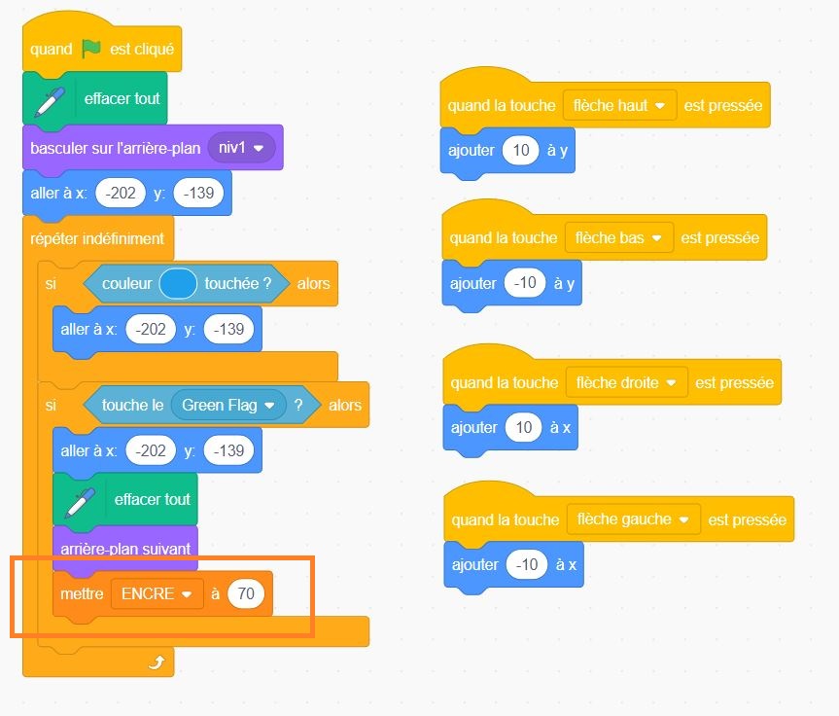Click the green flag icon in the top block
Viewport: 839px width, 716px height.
(x=92, y=49)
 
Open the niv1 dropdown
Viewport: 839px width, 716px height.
(x=242, y=149)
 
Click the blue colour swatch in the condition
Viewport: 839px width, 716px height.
(x=179, y=284)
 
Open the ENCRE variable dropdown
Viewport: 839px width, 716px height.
(x=156, y=593)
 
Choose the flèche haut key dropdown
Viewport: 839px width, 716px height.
(x=619, y=105)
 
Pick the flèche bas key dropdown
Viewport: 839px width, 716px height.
(x=618, y=237)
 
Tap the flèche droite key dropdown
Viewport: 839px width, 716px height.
(x=626, y=383)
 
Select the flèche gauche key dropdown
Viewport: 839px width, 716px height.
(x=633, y=519)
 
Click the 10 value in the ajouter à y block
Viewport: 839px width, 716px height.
(x=520, y=152)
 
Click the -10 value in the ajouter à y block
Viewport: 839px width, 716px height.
(x=525, y=283)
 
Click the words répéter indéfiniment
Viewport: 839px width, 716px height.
(x=97, y=238)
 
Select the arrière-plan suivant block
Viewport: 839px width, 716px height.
(x=125, y=549)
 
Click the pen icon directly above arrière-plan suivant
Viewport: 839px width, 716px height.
(x=80, y=500)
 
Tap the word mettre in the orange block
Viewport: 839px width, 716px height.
(x=82, y=593)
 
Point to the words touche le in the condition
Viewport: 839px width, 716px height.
(x=132, y=405)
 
